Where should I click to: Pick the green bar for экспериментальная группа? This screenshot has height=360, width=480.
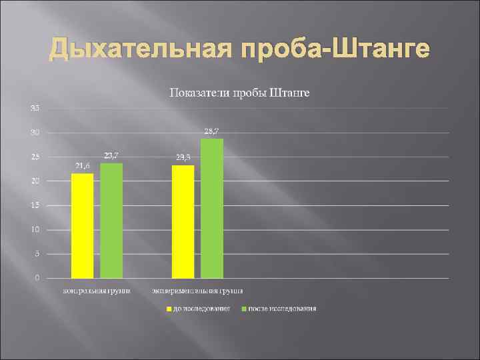[212, 208]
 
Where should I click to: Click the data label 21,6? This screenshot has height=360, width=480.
[81, 166]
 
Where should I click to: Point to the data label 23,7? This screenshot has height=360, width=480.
[111, 155]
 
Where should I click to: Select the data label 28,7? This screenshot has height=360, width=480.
[212, 131]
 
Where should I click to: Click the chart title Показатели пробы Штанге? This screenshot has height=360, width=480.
[240, 92]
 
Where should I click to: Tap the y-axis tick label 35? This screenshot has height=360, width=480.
[34, 108]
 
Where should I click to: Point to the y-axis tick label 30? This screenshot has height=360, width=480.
[34, 133]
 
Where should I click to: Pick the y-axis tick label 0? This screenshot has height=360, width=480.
[36, 278]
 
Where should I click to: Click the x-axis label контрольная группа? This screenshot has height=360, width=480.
[97, 291]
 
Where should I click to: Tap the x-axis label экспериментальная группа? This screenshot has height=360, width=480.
[197, 291]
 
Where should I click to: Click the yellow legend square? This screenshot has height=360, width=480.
[169, 309]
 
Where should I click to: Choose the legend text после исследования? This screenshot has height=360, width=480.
[282, 309]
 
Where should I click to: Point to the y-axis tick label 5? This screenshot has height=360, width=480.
[36, 254]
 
